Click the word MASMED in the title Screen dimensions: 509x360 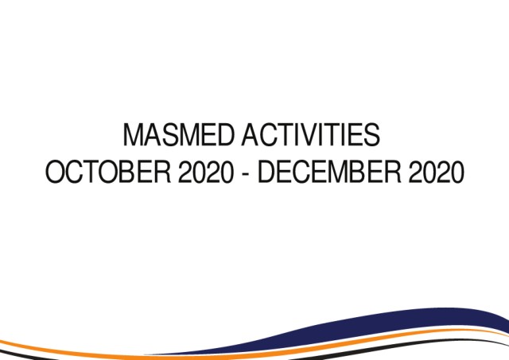tap(178, 134)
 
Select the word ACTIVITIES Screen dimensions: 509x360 tap(311, 134)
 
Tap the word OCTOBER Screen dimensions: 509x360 tap(108, 172)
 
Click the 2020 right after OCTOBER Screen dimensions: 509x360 tap(205, 172)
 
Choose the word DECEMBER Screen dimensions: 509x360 tap(329, 172)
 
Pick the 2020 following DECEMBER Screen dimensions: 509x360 tap(437, 172)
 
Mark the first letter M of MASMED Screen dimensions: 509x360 tap(133, 134)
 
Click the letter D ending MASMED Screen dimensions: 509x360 tap(224, 134)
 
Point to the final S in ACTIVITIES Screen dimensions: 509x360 tap(371, 134)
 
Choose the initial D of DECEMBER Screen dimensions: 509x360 tap(266, 172)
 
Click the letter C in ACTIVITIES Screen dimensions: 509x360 tap(269, 134)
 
